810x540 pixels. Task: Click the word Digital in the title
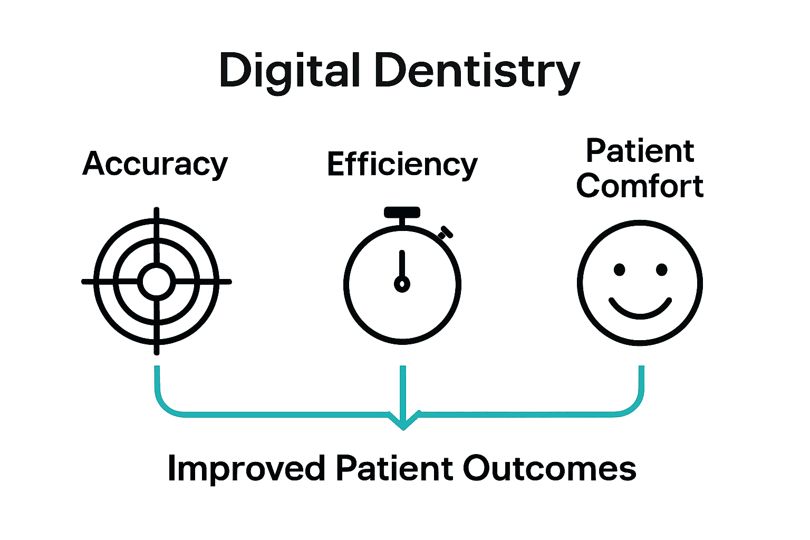click(x=290, y=71)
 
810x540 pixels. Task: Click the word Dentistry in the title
click(x=477, y=71)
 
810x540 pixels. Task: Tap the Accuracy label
click(x=155, y=164)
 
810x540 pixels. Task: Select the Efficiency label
click(x=402, y=164)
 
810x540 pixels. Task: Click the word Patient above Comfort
click(x=640, y=151)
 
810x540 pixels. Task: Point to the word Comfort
click(x=640, y=186)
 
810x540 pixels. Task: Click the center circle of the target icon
click(x=156, y=282)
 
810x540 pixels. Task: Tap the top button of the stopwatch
click(x=402, y=213)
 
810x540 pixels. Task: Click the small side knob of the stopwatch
click(x=446, y=232)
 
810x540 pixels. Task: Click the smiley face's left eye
click(x=620, y=270)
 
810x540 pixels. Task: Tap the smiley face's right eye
click(x=662, y=270)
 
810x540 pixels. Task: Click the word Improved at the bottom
click(x=245, y=468)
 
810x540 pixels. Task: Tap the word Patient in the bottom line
click(x=394, y=468)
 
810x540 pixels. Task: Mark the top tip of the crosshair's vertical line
click(x=156, y=209)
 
